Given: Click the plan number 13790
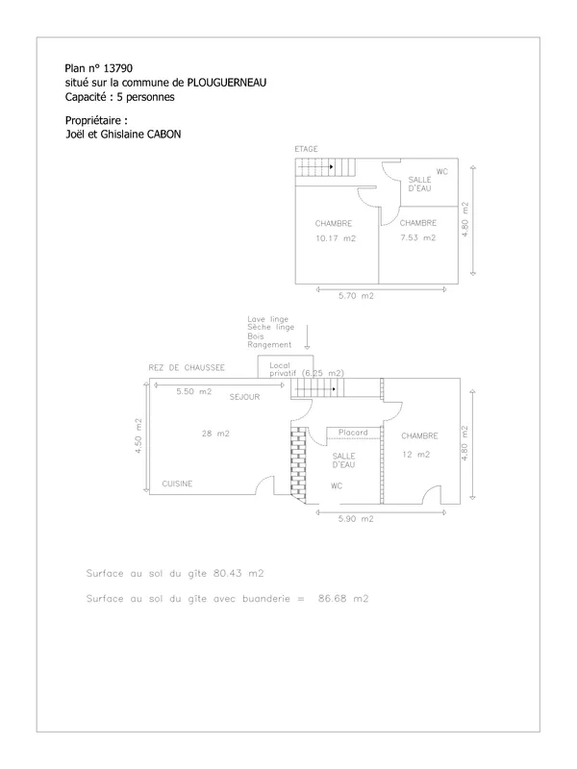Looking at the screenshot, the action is (x=117, y=68).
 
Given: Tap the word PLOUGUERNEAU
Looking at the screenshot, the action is (x=227, y=83).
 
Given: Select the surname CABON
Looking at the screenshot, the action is (x=163, y=134).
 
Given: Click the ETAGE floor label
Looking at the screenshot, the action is (x=306, y=149).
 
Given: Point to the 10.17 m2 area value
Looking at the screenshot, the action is (x=336, y=238).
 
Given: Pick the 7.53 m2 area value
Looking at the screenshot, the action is (x=418, y=237).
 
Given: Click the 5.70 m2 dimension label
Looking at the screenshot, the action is (x=356, y=296).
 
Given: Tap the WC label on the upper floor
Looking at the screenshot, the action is (x=442, y=172).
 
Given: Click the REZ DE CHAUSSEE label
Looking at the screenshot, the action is (x=187, y=367).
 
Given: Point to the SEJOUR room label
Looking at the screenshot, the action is (x=244, y=397).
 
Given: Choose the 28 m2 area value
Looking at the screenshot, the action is (x=215, y=434).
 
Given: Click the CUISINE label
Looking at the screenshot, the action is (x=177, y=484).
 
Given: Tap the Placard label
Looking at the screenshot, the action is (x=353, y=432).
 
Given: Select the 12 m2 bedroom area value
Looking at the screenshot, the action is (x=416, y=455).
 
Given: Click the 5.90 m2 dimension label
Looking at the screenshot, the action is (x=356, y=519).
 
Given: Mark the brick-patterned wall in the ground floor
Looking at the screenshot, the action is (x=298, y=464).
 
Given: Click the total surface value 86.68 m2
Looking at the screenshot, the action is (x=343, y=598).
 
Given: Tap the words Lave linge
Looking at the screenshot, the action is (x=268, y=319).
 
